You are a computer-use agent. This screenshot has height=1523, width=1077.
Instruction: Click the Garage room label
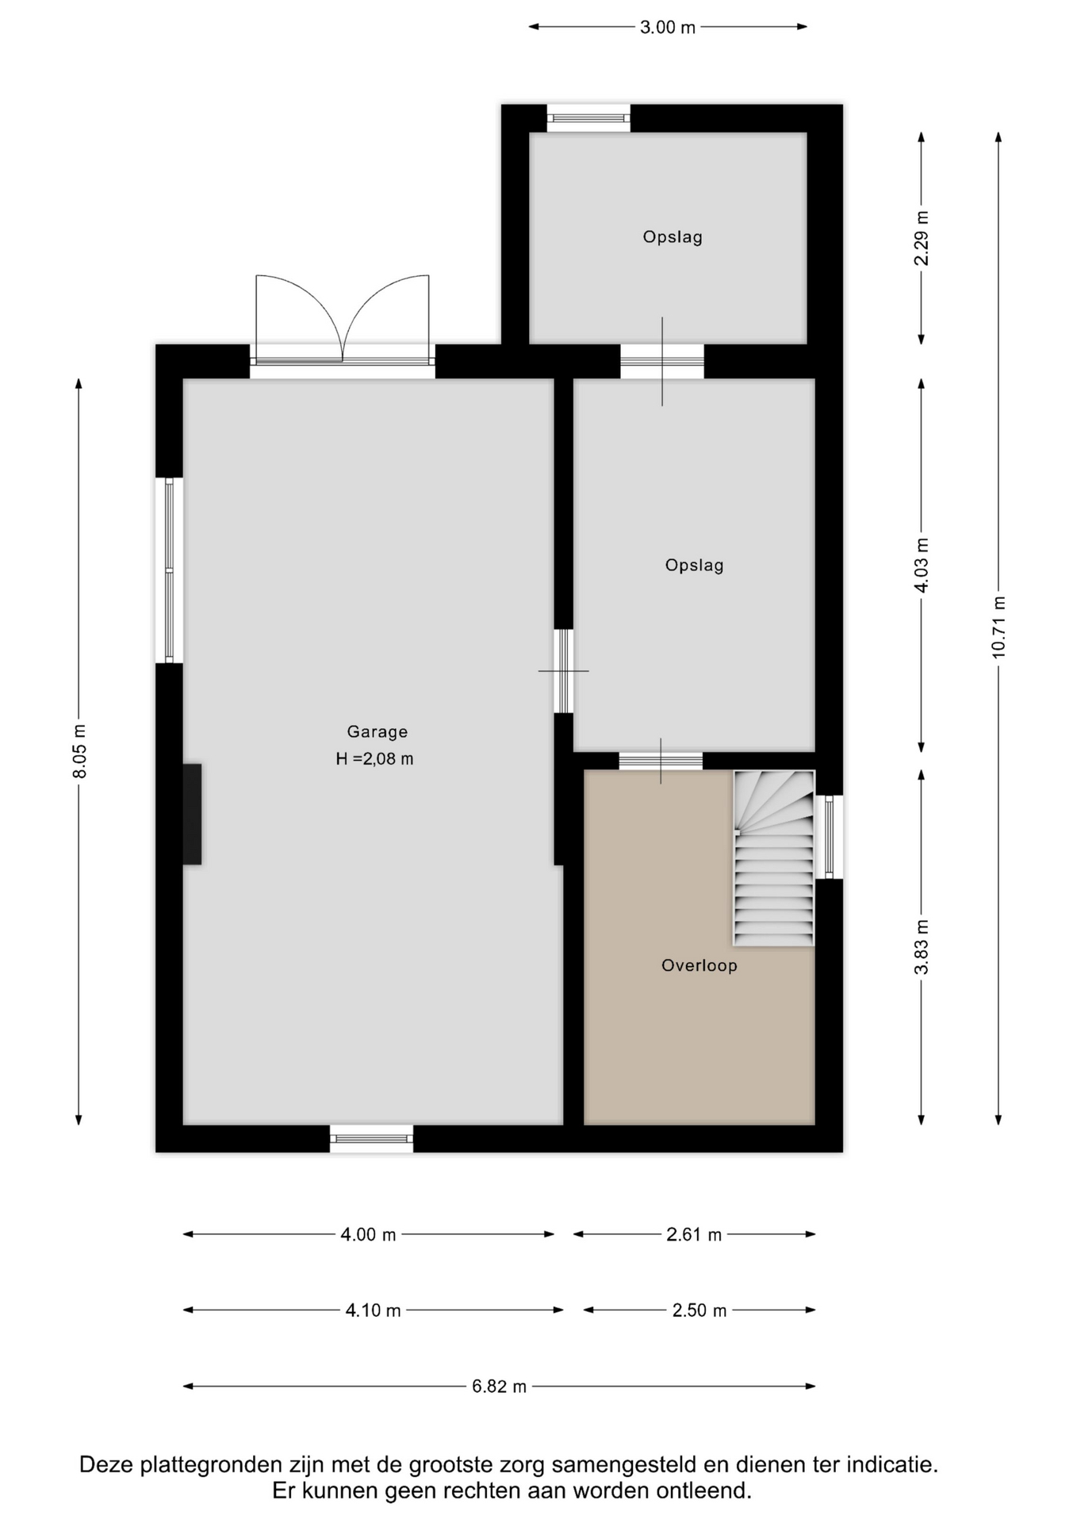[377, 732]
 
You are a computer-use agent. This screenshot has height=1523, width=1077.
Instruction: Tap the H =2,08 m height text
[374, 759]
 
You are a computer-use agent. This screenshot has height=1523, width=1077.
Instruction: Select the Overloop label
[699, 965]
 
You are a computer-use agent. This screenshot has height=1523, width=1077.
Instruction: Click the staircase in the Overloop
[774, 858]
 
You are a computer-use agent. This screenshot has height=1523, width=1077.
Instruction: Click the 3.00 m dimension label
[668, 27]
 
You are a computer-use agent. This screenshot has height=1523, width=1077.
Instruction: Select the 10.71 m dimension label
[998, 627]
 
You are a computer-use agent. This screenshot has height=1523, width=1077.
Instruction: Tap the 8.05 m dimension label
[79, 751]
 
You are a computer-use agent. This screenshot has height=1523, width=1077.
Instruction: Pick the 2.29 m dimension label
[922, 239]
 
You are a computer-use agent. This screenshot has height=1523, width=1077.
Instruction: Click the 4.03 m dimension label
[922, 565]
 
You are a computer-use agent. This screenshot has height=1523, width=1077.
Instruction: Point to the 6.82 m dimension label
[499, 1387]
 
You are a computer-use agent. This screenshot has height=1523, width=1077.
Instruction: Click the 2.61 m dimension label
[694, 1234]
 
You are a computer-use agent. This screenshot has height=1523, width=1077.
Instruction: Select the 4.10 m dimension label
[373, 1310]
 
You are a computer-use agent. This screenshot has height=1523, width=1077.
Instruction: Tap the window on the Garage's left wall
[169, 570]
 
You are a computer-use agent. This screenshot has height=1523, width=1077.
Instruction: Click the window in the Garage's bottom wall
[372, 1139]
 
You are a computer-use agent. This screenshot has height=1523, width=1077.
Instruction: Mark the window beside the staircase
[829, 837]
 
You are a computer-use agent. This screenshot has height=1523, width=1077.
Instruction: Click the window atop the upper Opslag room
[588, 118]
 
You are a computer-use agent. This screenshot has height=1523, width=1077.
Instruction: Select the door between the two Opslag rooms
[662, 362]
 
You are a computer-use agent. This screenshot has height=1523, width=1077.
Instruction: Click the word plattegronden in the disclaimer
[210, 1464]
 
